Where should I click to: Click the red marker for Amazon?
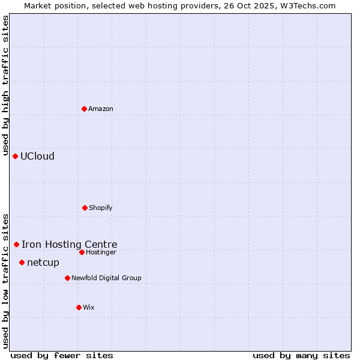(x=85, y=109)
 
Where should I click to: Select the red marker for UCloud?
(x=16, y=156)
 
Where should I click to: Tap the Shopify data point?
(x=85, y=208)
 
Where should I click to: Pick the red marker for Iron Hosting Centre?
(x=17, y=244)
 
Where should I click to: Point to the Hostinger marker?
(x=82, y=252)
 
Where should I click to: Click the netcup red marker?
(x=22, y=262)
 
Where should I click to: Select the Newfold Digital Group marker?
(x=68, y=278)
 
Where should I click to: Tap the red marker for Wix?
(x=79, y=307)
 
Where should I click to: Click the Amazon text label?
(x=101, y=109)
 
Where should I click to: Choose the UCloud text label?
(x=37, y=156)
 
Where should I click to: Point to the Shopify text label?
(x=101, y=208)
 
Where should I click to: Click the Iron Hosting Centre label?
(x=70, y=244)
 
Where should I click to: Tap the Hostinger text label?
(x=101, y=252)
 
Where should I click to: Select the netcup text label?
(x=43, y=262)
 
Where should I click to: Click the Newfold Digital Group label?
(x=106, y=278)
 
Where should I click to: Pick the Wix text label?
(x=89, y=307)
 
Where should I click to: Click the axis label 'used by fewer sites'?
(x=62, y=355)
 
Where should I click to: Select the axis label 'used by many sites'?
(x=301, y=355)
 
